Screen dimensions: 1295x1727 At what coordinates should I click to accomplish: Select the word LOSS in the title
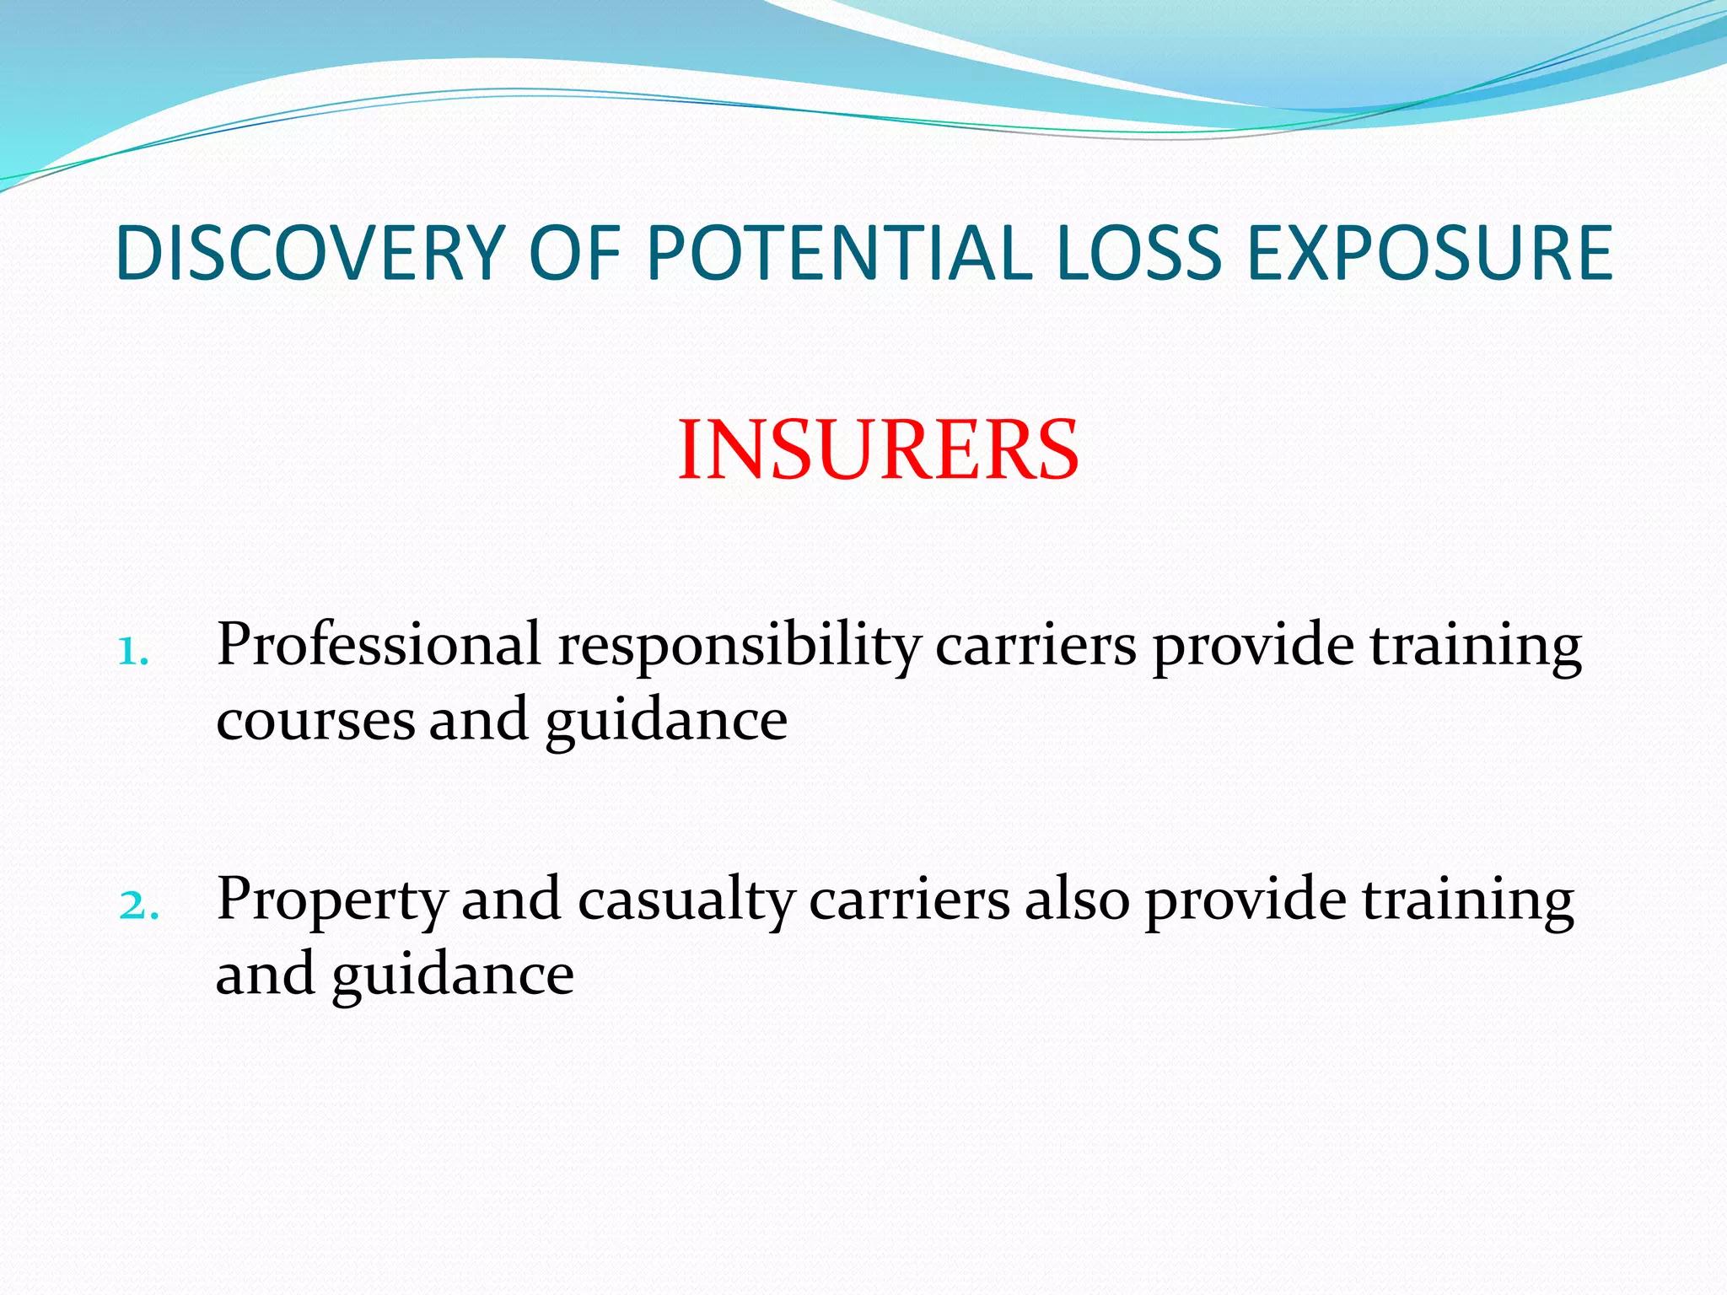pos(1138,253)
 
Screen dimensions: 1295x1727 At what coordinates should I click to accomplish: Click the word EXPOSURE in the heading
pos(1429,253)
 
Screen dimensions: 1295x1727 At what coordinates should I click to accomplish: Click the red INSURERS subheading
pos(878,450)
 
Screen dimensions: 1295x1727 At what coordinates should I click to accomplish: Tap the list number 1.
pos(133,651)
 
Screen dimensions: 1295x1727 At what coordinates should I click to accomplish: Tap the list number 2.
pos(137,905)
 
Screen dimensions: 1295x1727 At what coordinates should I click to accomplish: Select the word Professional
pos(379,645)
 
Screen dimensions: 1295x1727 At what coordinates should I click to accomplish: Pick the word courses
pos(315,722)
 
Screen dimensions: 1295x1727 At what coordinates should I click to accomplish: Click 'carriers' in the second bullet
pos(909,900)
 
